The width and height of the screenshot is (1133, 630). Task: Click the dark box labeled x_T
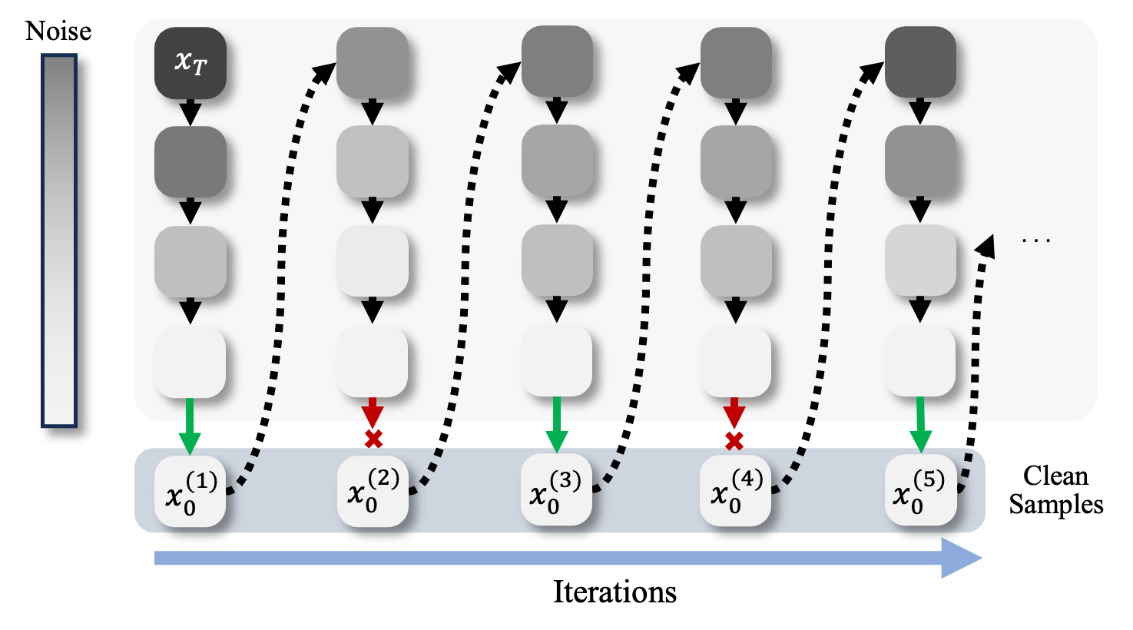tap(190, 63)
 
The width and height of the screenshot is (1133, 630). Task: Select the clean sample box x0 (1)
tap(190, 492)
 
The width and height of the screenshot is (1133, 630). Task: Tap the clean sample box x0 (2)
tap(373, 492)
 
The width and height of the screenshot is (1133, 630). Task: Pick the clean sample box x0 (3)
tap(556, 490)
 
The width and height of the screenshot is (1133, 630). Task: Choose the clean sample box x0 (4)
tap(735, 490)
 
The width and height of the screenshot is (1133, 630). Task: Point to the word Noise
tap(58, 31)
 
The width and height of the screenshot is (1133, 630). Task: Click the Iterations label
tap(615, 592)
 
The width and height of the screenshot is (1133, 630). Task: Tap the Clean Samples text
tap(1056, 490)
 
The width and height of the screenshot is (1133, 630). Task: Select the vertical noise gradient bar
tap(59, 240)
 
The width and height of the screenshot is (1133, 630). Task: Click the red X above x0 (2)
tap(373, 439)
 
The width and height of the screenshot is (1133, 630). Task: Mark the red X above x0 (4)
tap(734, 441)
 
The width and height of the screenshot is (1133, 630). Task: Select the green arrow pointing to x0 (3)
tap(556, 425)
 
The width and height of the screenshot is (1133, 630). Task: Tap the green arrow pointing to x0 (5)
tap(920, 425)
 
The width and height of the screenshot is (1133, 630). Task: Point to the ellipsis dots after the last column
tap(1036, 240)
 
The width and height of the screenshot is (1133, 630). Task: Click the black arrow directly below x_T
tap(190, 112)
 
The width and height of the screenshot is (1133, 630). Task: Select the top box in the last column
tap(920, 61)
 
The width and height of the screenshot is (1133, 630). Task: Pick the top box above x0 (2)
tap(373, 63)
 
